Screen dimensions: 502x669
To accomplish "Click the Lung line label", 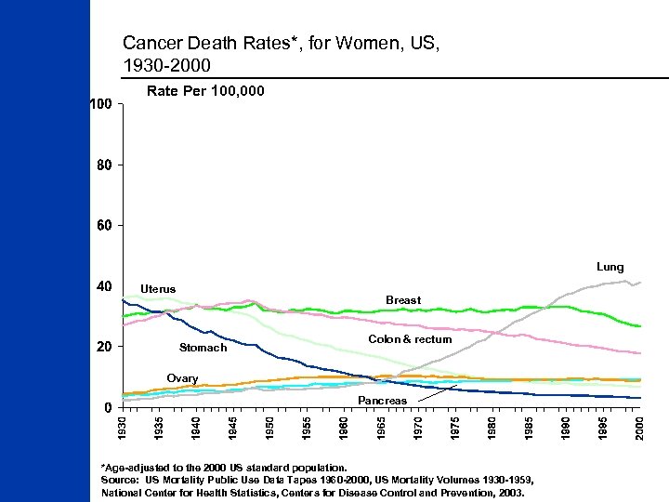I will [x=610, y=267].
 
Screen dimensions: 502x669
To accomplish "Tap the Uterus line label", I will [x=157, y=289].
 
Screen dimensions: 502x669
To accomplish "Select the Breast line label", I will [x=403, y=300].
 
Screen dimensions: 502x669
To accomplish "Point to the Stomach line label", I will [x=203, y=348].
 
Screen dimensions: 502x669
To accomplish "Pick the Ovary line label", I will [x=182, y=378].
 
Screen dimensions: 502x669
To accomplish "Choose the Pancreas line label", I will [x=382, y=400].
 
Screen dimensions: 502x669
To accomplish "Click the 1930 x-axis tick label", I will [x=122, y=429].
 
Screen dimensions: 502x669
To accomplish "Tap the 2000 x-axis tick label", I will [x=640, y=429].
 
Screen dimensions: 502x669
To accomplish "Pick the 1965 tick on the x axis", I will [x=381, y=429].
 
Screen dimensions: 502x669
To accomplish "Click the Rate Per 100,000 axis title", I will [x=206, y=91].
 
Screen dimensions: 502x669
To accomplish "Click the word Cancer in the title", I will [x=147, y=43].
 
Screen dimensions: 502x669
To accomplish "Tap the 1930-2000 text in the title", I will [x=166, y=65].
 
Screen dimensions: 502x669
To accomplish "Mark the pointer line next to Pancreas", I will [x=437, y=394].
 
